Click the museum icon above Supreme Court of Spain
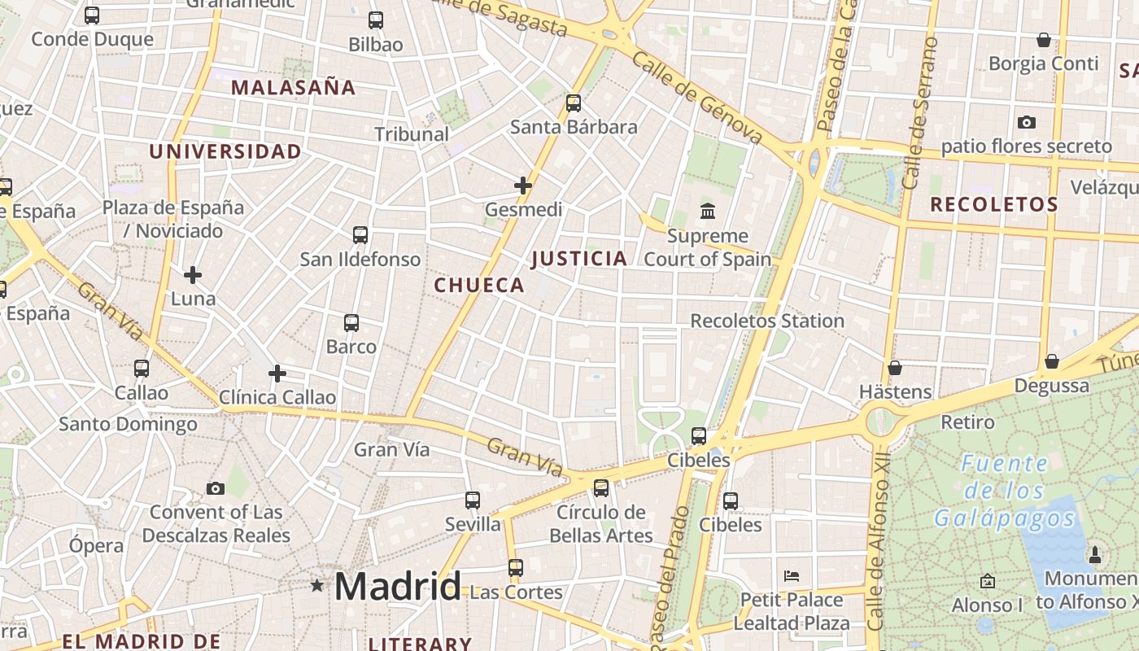pos(708,212)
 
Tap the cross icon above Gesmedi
pos(523,186)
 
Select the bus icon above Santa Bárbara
pos(574,103)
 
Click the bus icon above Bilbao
pos(376,20)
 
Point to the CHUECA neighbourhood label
pos(479,285)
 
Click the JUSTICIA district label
pos(579,259)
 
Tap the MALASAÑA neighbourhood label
pos(294,88)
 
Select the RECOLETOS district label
pos(994,204)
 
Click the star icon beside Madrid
pos(317,585)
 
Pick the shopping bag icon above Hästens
pos(895,368)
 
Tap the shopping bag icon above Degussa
pos(1052,361)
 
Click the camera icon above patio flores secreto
pos(1027,122)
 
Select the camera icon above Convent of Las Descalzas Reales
pos(216,488)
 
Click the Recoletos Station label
pos(767,321)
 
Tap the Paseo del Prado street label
pos(668,574)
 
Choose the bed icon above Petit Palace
pos(792,576)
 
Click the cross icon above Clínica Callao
pos(277,374)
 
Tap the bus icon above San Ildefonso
pos(360,235)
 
